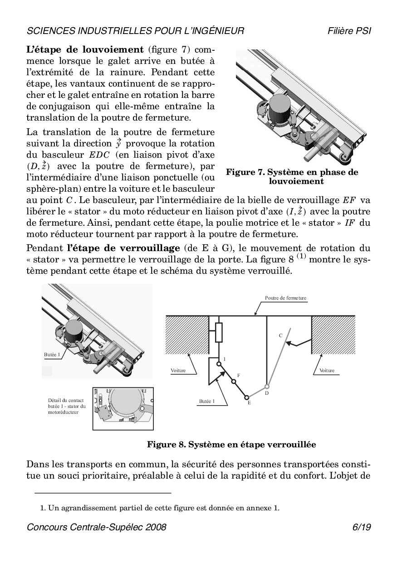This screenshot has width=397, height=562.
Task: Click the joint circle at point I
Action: (x=219, y=363)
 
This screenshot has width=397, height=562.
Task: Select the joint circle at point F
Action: (x=234, y=382)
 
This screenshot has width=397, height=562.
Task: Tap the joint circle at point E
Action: (x=247, y=397)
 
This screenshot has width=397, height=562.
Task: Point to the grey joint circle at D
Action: (x=267, y=387)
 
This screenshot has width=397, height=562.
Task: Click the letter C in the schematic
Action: (x=280, y=335)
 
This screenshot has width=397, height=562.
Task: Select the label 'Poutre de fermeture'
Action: (x=285, y=298)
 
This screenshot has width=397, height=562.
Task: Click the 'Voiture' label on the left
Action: (x=178, y=370)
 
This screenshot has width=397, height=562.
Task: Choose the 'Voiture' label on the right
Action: (x=327, y=370)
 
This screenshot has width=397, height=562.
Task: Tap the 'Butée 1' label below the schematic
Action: (x=206, y=401)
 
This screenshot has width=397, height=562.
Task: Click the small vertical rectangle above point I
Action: (x=219, y=333)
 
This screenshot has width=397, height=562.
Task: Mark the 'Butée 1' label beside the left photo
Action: (x=52, y=354)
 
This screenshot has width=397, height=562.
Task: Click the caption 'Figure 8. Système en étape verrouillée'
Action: (x=231, y=445)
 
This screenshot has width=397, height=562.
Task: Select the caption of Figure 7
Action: (x=292, y=177)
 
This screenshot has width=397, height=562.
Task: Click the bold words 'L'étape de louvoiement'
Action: (x=85, y=49)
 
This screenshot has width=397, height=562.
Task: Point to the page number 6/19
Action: (x=362, y=527)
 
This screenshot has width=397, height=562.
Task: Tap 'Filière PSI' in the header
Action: (x=349, y=31)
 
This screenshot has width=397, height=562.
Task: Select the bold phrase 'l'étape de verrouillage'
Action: (x=123, y=248)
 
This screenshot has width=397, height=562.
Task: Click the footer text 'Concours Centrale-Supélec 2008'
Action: (x=97, y=527)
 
